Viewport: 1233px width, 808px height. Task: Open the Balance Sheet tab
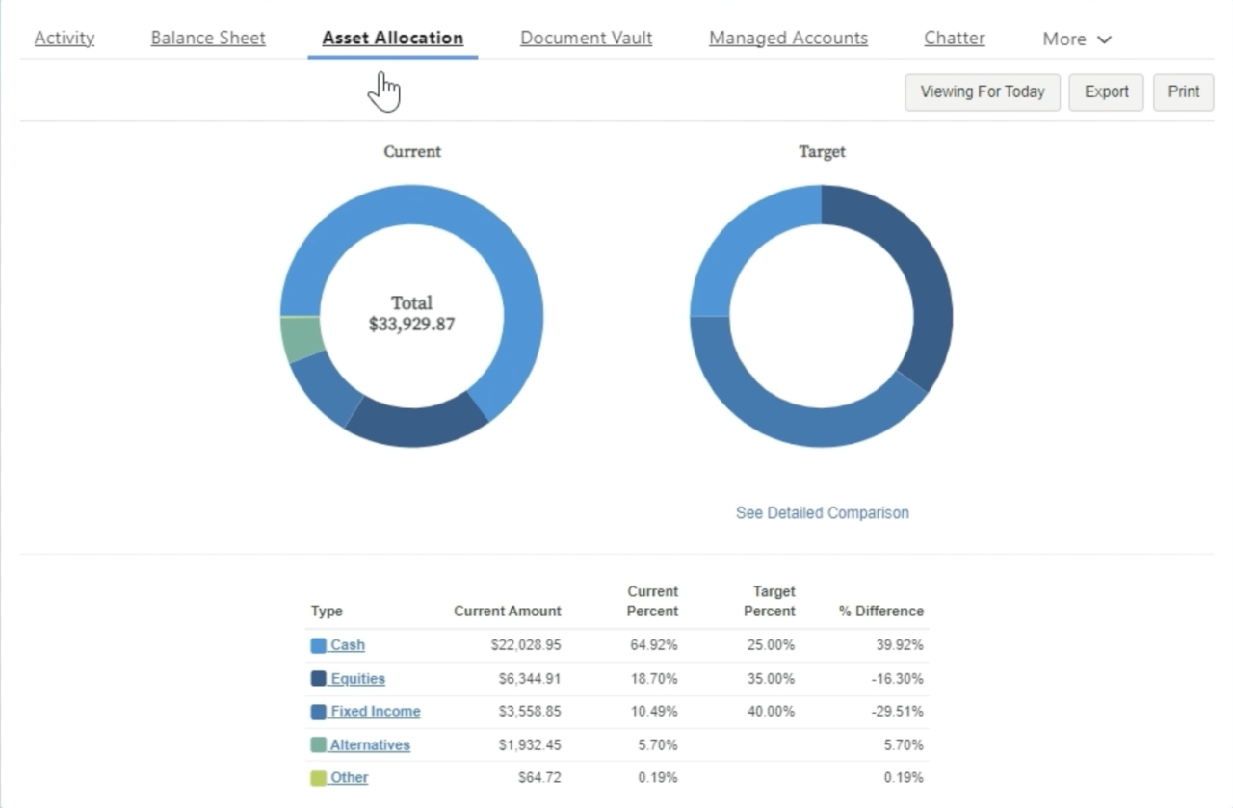208,39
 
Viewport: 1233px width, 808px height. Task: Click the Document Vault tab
586,39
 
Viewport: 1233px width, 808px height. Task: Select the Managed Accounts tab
788,39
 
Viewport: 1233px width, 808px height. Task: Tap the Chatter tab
954,39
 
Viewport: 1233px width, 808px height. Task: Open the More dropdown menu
1077,39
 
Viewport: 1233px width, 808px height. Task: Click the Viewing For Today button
982,92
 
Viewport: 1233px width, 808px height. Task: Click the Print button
1183,92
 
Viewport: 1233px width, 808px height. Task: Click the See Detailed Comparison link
822,513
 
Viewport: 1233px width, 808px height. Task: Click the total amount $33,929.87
411,325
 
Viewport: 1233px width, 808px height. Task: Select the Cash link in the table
347,645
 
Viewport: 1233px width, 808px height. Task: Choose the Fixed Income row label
375,712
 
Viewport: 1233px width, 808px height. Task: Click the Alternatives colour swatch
318,745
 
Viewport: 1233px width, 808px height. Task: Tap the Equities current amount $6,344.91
529,679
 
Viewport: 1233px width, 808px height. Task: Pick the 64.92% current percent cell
653,645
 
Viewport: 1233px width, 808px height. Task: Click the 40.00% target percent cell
771,712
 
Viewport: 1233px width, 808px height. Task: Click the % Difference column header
880,612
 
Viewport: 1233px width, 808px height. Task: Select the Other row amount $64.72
540,778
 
